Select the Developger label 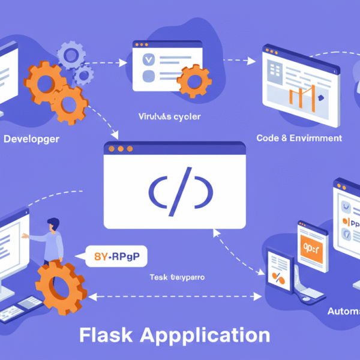pos(31,139)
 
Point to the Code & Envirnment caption pos(299,138)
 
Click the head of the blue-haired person pos(53,224)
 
